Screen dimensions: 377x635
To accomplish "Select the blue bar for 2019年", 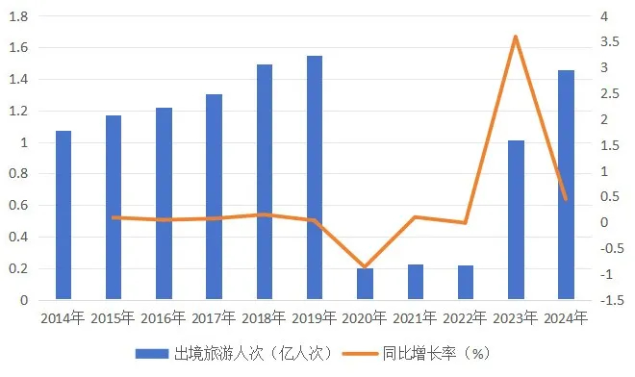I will pos(315,178).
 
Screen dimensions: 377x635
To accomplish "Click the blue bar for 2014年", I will pos(63,215).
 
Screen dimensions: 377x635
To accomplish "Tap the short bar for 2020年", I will pos(365,284).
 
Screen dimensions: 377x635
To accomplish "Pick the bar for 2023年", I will pos(516,220).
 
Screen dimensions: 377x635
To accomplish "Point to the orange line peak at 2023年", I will pos(516,37).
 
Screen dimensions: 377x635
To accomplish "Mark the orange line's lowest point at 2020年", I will pos(365,266).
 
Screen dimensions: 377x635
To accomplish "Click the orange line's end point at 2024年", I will pos(566,199).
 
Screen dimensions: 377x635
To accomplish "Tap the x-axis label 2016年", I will pos(164,317).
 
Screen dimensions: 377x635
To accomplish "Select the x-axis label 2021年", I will pos(415,317).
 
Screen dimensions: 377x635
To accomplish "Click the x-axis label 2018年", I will pos(264,317).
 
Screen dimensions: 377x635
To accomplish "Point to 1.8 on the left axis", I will pos(19,17).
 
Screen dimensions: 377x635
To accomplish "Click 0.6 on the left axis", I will pos(19,206).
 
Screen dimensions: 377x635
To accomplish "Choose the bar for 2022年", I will pos(465,283).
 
